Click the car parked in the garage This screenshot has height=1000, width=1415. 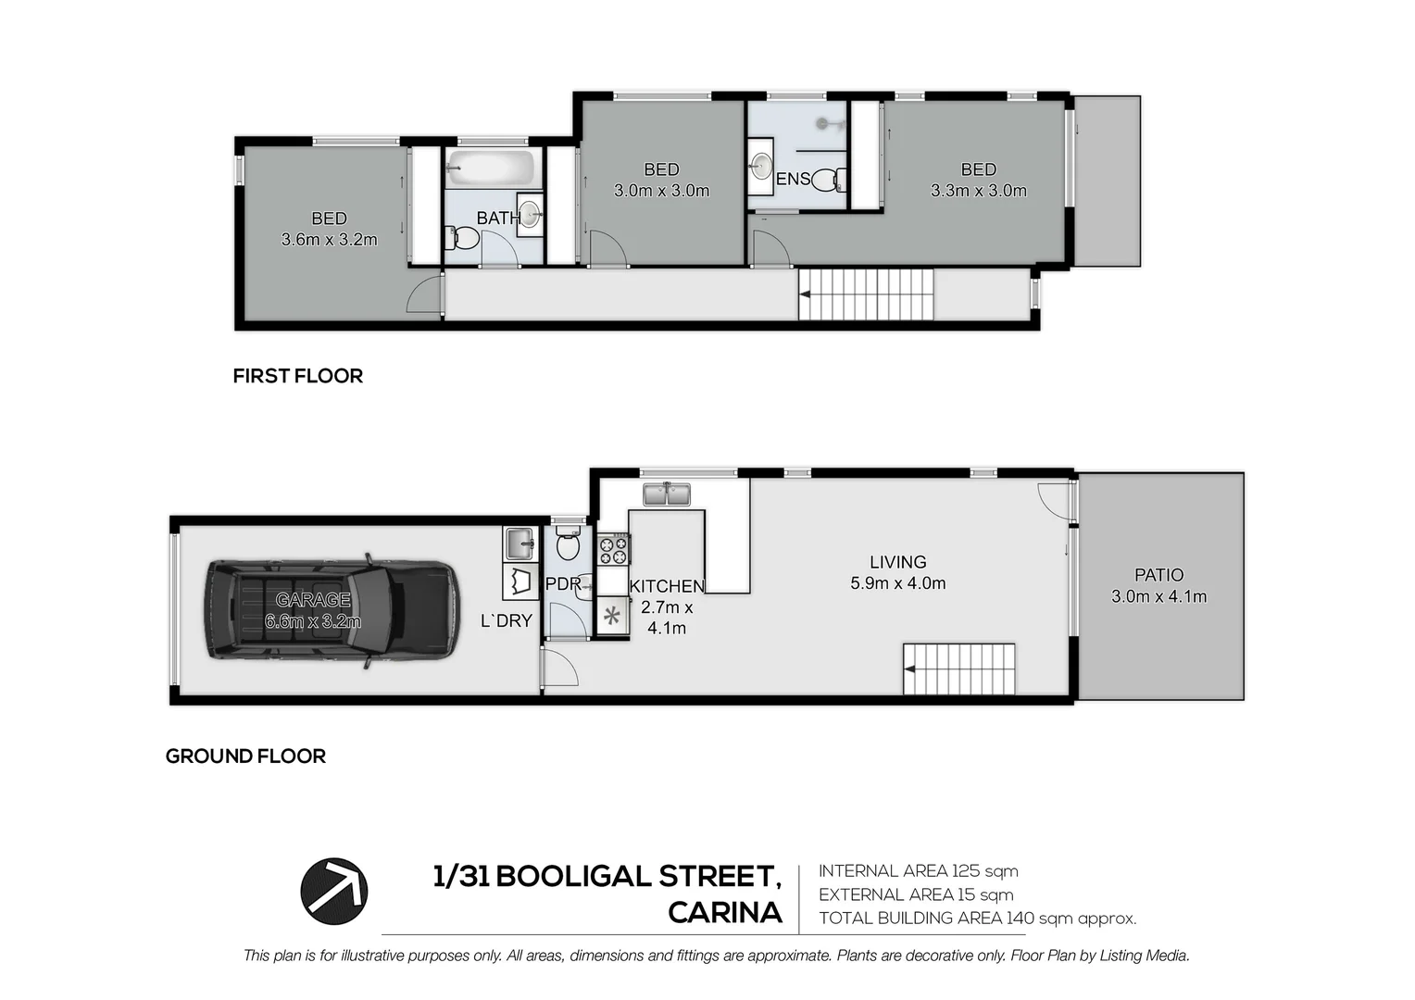pos(332,611)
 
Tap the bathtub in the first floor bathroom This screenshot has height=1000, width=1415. pos(494,168)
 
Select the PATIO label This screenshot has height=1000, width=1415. pos(1158,575)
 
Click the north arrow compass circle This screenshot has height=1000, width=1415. pos(333,892)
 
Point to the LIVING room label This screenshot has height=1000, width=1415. pos(897,562)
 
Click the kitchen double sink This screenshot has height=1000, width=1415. pos(667,494)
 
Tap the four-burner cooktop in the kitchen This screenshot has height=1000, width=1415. pos(613,550)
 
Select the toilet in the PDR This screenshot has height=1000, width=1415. pos(568,544)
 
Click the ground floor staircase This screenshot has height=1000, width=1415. pos(958,669)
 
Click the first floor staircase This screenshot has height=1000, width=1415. pos(866,294)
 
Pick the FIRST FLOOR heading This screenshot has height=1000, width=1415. pos(297,376)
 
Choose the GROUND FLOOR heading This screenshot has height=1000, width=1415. pos(245,756)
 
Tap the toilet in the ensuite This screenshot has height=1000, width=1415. pos(828,180)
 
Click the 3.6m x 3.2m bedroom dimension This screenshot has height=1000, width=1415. pos(329,240)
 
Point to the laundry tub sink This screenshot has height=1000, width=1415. pos(520,544)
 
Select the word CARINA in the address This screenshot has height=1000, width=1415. pos(725,913)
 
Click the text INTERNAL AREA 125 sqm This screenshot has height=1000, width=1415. pos(919,871)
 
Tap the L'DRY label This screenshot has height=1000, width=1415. pos(506,621)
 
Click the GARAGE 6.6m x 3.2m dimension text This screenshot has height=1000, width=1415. pos(313,621)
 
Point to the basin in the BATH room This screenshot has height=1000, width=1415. pos(530,214)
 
